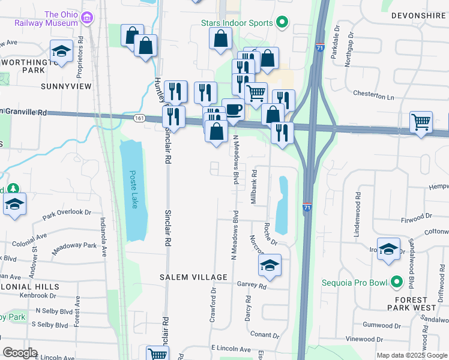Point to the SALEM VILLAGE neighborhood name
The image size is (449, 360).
pyautogui.click(x=193, y=277)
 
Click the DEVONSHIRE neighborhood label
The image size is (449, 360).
pyautogui.click(x=418, y=14)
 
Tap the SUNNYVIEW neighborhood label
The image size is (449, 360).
pyautogui.click(x=66, y=86)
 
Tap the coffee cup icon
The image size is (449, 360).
pyautogui.click(x=233, y=109)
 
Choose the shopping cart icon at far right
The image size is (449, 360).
pyautogui.click(x=421, y=122)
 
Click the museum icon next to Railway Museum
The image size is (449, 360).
pyautogui.click(x=88, y=19)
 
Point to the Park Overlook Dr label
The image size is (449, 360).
pyautogui.click(x=66, y=212)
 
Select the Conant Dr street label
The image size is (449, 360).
pyautogui.click(x=266, y=335)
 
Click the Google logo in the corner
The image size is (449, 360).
pyautogui.click(x=20, y=353)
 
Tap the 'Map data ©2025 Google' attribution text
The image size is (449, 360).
pyautogui.click(x=411, y=355)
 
